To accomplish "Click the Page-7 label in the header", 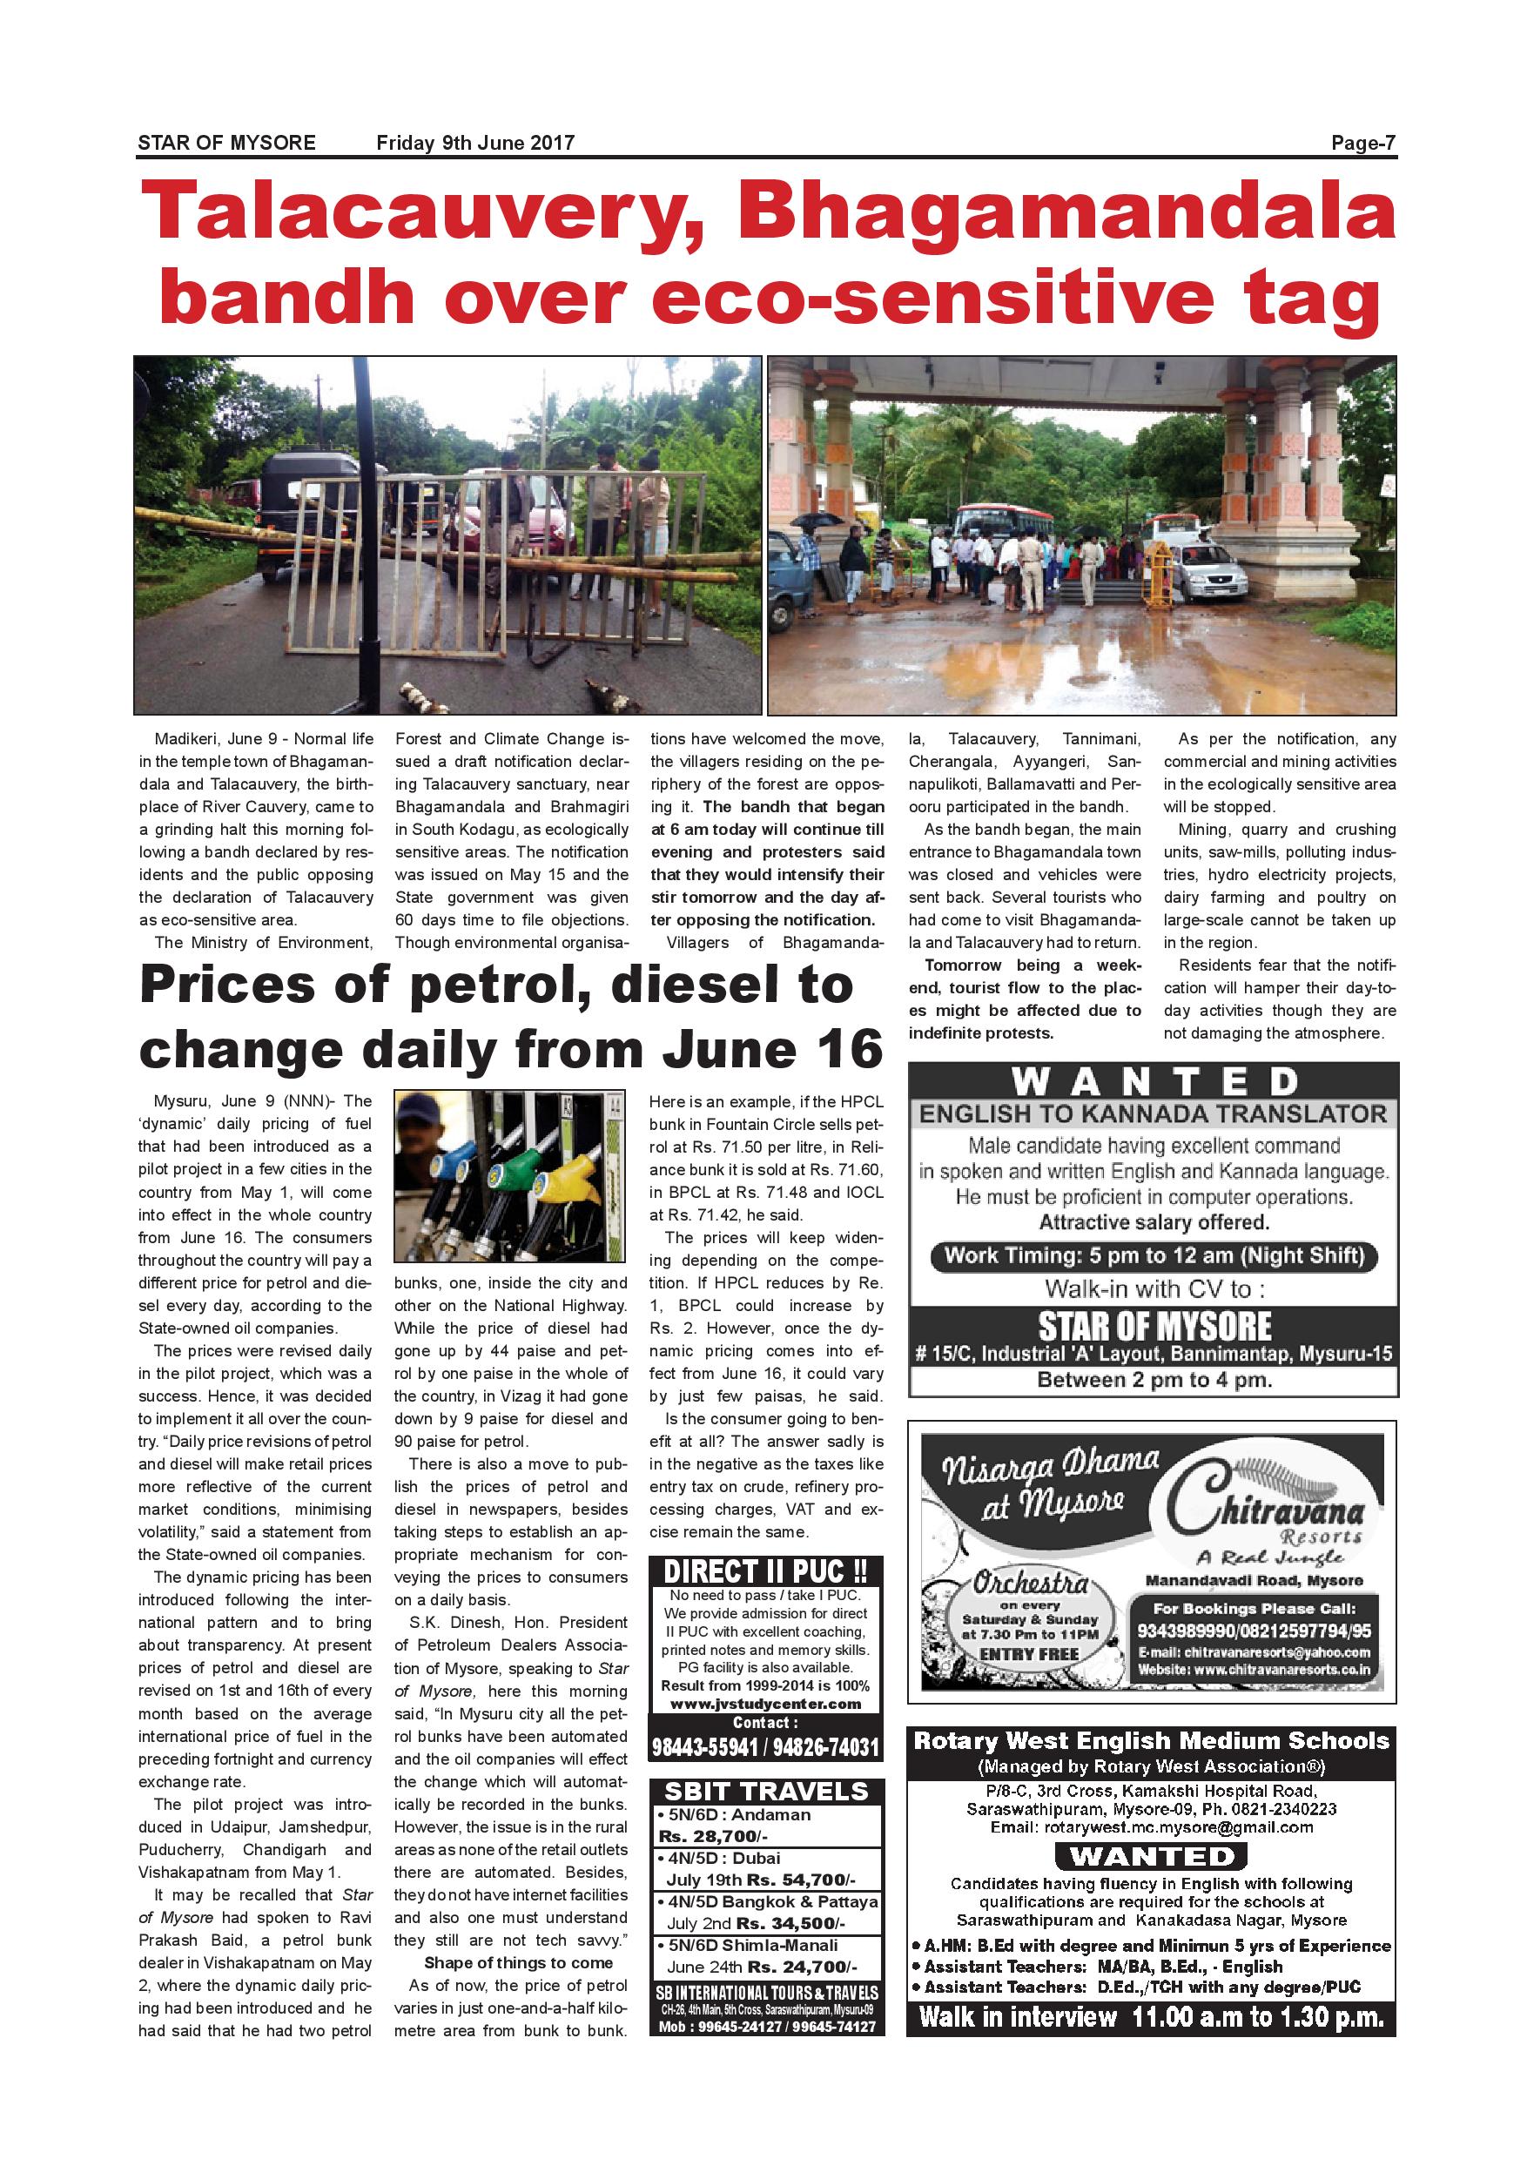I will (1362, 143).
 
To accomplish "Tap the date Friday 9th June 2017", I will (474, 143).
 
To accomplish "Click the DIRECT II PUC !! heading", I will (765, 1571).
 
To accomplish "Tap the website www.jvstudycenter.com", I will (765, 1703).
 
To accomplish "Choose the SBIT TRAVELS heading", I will (765, 1791).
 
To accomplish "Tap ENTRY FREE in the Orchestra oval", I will (1029, 1654).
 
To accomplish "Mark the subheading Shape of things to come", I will (518, 1962).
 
